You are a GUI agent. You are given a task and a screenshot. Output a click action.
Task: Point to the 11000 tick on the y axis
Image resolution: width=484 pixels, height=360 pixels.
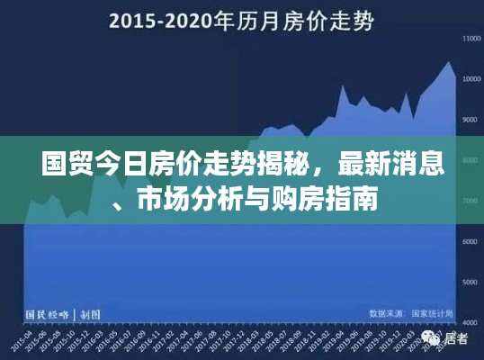pyautogui.click(x=470, y=39)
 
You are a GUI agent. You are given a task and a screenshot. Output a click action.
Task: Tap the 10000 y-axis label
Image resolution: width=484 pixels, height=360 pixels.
pyautogui.click(x=470, y=79)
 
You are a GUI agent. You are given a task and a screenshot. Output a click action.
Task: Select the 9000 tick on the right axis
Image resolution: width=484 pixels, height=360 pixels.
pyautogui.click(x=470, y=120)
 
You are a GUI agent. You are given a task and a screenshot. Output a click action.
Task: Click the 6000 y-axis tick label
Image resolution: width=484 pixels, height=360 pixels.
pyautogui.click(x=470, y=241)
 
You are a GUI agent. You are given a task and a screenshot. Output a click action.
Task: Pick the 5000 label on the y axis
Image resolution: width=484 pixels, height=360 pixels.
pyautogui.click(x=470, y=282)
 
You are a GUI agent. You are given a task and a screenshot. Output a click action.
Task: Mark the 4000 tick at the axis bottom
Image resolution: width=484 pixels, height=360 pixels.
pyautogui.click(x=470, y=321)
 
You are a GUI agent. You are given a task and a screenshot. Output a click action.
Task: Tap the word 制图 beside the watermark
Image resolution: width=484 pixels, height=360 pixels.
pyautogui.click(x=89, y=314)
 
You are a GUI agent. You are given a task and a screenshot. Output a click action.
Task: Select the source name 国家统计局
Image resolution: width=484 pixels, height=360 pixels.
pyautogui.click(x=433, y=313)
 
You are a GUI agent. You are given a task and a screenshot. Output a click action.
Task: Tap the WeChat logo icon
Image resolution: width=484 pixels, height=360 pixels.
pyautogui.click(x=429, y=339)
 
